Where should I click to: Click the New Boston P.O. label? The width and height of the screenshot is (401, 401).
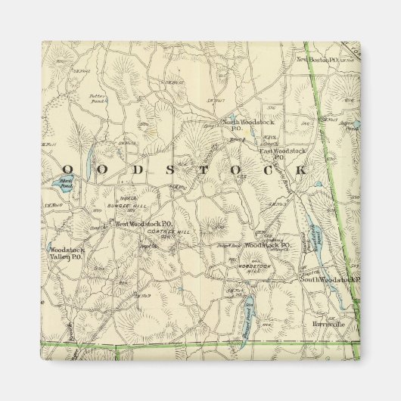click(316, 59)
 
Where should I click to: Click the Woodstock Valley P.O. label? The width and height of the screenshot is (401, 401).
click(65, 253)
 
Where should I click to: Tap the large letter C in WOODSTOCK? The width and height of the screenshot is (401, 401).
click(269, 169)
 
